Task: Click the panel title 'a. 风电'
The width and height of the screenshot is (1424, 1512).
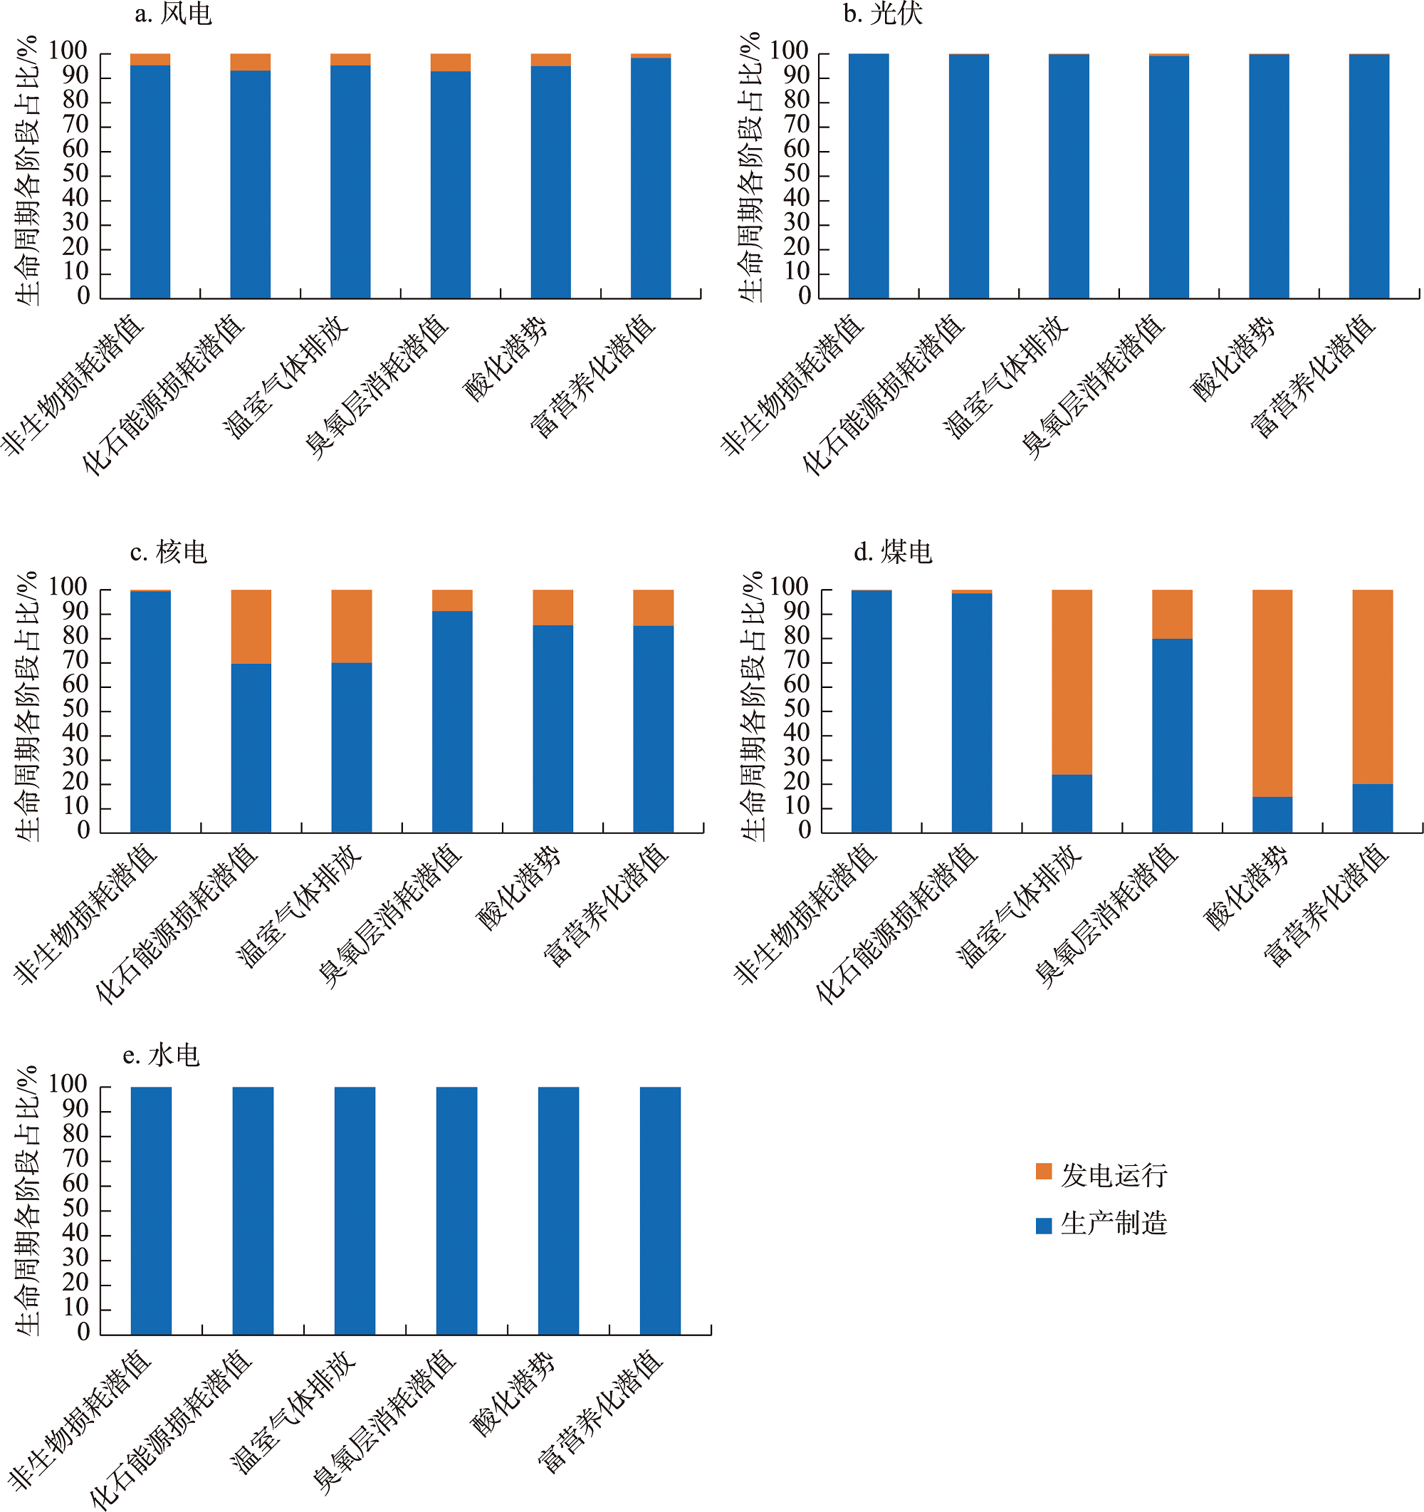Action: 172,14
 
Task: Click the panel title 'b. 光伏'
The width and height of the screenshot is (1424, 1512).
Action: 883,14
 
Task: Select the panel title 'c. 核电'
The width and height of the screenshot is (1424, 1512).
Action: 168,551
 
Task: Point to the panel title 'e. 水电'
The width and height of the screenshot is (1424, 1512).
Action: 160,1055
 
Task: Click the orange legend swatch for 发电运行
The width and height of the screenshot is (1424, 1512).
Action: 1043,1172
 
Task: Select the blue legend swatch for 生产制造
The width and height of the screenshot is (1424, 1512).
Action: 1043,1225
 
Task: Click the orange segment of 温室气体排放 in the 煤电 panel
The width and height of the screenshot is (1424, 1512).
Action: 1072,682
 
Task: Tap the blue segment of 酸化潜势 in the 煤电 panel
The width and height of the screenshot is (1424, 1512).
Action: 1272,814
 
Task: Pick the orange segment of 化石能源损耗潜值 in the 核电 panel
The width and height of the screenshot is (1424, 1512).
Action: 251,626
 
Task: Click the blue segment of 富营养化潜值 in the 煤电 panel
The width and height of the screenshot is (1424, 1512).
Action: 1372,808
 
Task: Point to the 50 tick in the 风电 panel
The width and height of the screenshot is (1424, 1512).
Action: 75,174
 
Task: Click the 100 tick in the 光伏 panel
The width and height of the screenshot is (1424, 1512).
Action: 787,52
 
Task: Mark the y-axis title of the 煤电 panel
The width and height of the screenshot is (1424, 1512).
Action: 752,707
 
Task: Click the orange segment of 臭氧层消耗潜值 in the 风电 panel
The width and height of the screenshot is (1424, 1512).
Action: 450,62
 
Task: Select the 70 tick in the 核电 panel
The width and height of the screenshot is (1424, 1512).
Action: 75,660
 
